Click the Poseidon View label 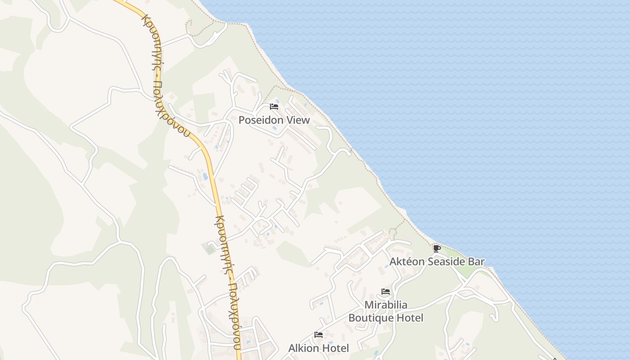274,120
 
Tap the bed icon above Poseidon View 274,107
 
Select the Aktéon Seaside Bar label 437,261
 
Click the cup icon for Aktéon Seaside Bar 436,248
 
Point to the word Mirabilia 386,305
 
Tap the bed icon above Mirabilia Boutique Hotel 386,292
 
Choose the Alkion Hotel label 319,348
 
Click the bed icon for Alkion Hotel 319,335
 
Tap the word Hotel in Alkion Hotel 335,348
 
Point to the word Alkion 303,348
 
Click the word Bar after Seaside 477,261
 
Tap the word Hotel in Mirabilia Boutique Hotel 409,318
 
